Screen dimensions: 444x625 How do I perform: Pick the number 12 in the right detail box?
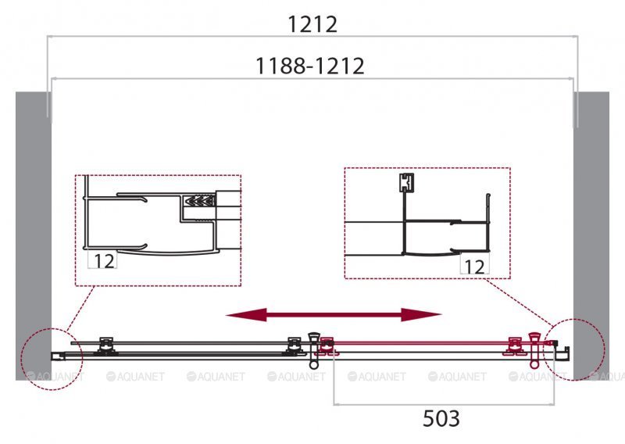473,267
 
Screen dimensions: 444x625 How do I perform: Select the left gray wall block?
31,235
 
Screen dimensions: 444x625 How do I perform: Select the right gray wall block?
591,235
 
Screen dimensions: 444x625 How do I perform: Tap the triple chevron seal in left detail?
198,202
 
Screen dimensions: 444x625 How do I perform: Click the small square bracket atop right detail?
404,182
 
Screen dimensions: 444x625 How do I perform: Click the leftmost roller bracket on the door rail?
105,345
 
